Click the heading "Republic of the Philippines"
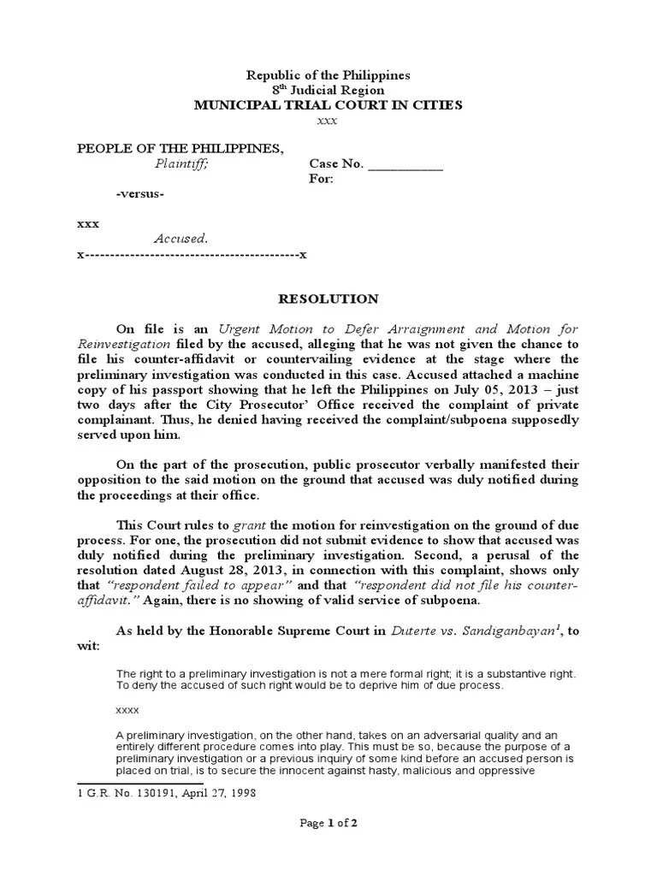pos(328,75)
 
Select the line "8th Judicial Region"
pos(328,90)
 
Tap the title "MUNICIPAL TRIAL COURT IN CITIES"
pos(328,105)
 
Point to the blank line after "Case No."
pos(405,165)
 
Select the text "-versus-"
pos(140,194)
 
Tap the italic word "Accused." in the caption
pos(181,240)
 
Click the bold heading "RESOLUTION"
pos(328,299)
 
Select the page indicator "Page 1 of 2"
pos(328,824)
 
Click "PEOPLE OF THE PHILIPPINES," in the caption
pos(180,149)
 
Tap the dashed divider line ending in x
pos(192,255)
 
